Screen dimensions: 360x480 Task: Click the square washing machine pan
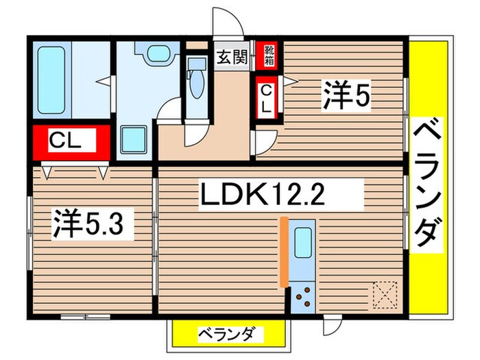tap(133, 141)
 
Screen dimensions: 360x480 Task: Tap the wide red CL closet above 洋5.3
tap(67, 143)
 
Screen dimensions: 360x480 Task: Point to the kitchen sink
tap(302, 242)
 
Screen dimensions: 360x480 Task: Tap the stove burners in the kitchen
tap(302, 296)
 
